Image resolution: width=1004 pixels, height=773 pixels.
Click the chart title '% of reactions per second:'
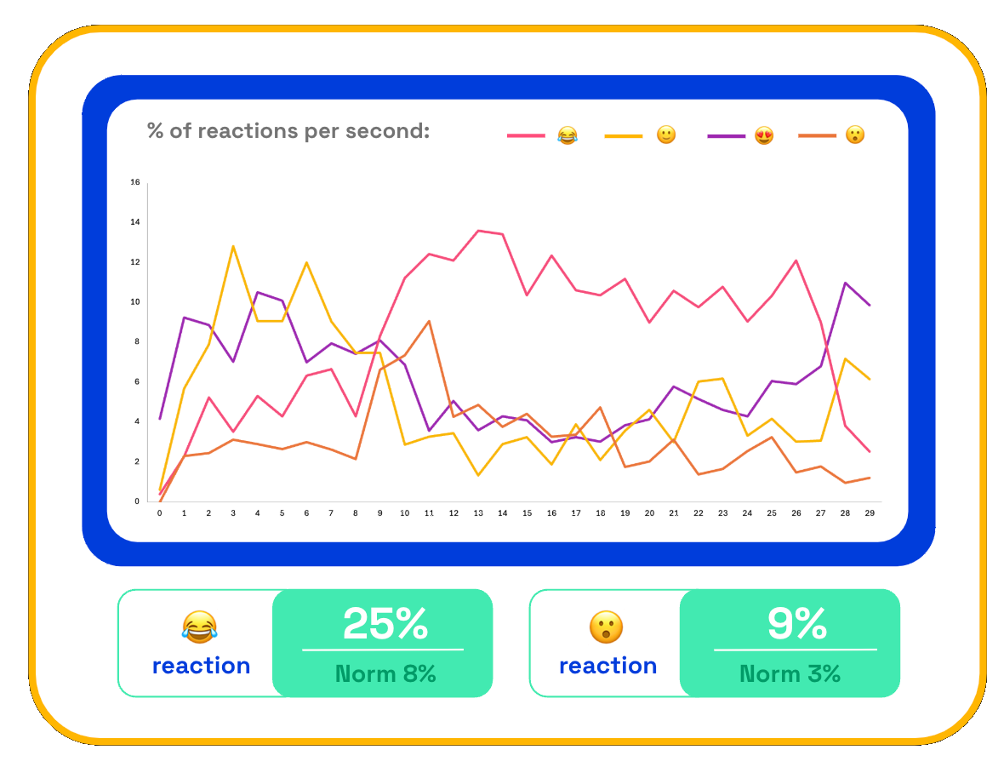click(x=288, y=130)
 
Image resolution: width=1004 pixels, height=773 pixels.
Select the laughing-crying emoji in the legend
click(x=568, y=135)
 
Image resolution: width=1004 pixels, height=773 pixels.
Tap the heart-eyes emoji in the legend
click(x=764, y=135)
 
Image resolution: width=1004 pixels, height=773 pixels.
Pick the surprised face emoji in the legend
click(x=855, y=135)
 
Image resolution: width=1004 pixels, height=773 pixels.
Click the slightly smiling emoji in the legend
click(x=666, y=135)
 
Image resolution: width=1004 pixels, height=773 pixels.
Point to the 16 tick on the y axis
click(x=135, y=182)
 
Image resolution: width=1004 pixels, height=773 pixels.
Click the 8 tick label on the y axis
click(x=136, y=341)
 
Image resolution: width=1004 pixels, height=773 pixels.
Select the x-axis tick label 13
click(x=478, y=513)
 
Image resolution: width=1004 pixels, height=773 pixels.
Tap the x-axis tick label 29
click(x=870, y=513)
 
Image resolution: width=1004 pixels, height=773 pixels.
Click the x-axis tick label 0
click(x=159, y=513)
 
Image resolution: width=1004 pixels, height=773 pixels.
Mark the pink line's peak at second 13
click(x=478, y=231)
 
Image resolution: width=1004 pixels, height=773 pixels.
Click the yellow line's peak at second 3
click(x=233, y=246)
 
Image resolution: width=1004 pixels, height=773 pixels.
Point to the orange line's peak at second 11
click(x=429, y=321)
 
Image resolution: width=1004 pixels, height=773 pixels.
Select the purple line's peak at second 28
click(x=845, y=283)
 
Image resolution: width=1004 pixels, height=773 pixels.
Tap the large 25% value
click(x=385, y=623)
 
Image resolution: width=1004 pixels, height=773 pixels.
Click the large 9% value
click(x=797, y=623)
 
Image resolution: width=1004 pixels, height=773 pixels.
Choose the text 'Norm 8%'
click(x=385, y=673)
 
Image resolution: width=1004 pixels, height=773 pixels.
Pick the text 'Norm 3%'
click(x=790, y=673)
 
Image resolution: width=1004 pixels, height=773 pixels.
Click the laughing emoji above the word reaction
click(x=200, y=627)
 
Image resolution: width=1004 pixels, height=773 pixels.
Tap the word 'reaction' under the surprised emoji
click(x=608, y=666)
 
